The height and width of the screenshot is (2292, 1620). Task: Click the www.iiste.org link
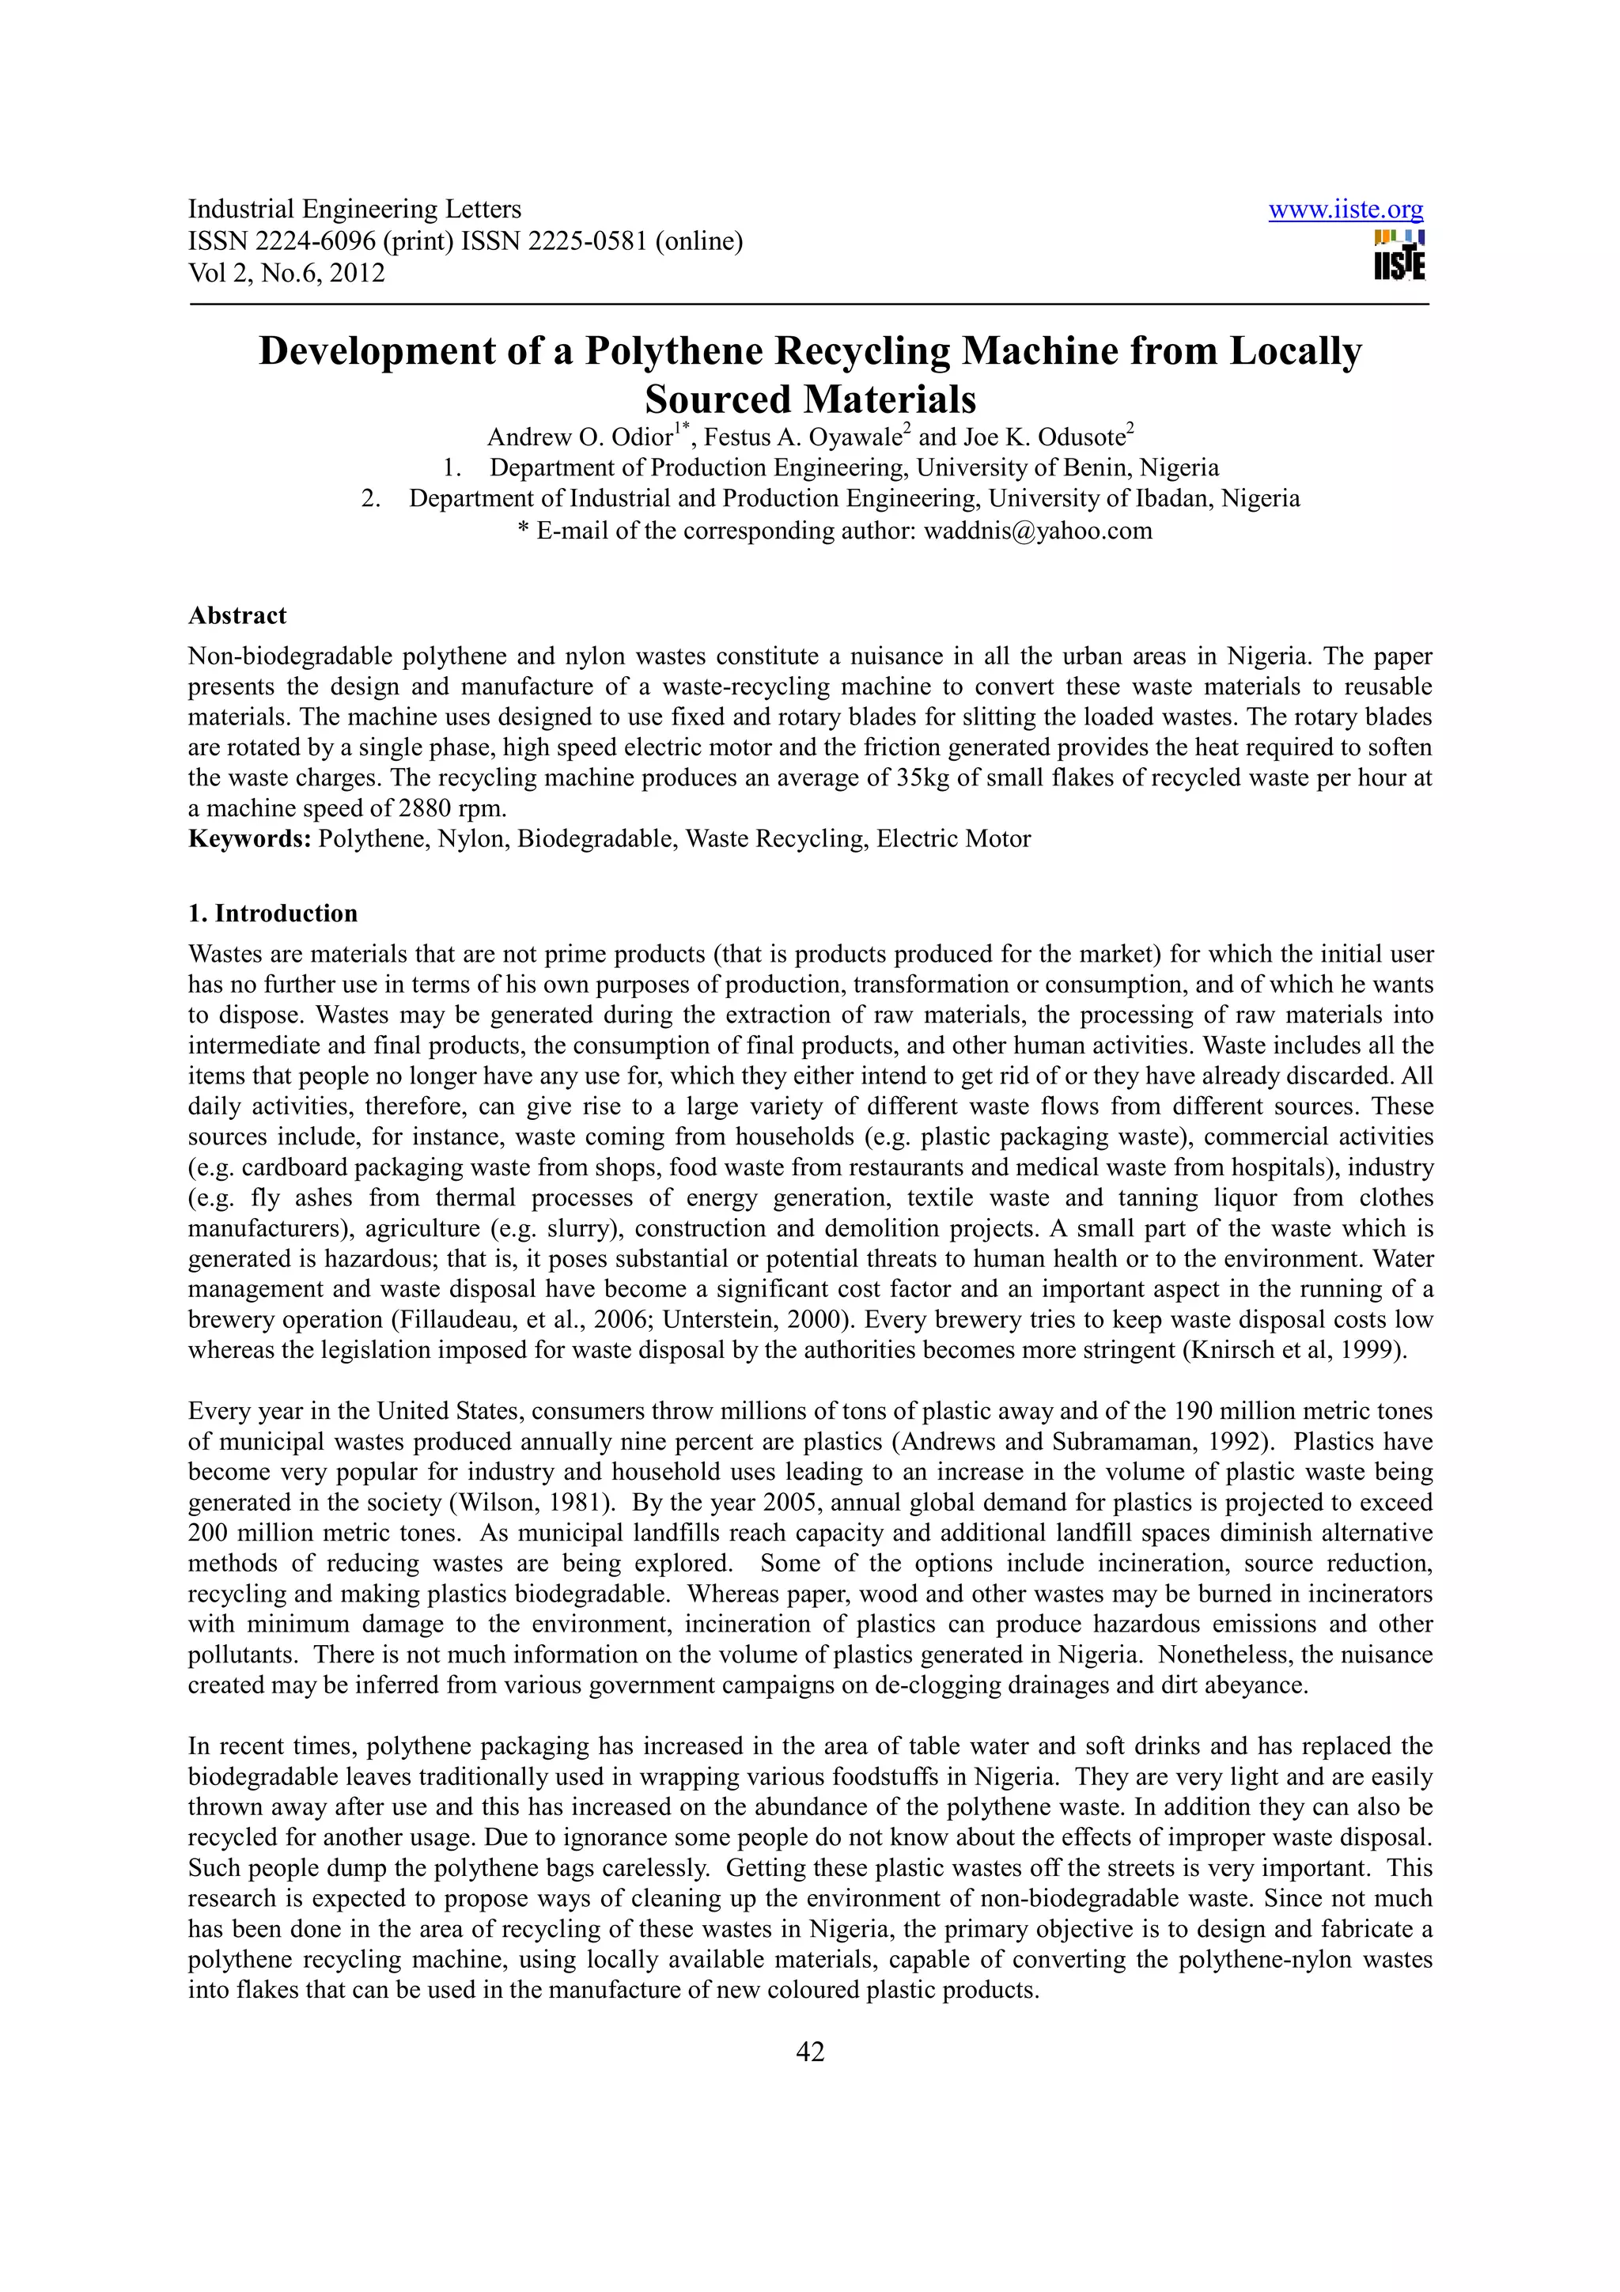1345,210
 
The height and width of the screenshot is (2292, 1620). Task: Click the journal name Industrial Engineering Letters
354,210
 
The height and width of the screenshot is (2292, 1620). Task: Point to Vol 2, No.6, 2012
286,274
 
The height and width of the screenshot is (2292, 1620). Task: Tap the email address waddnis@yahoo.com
1037,531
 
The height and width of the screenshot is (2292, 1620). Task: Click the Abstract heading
237,616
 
